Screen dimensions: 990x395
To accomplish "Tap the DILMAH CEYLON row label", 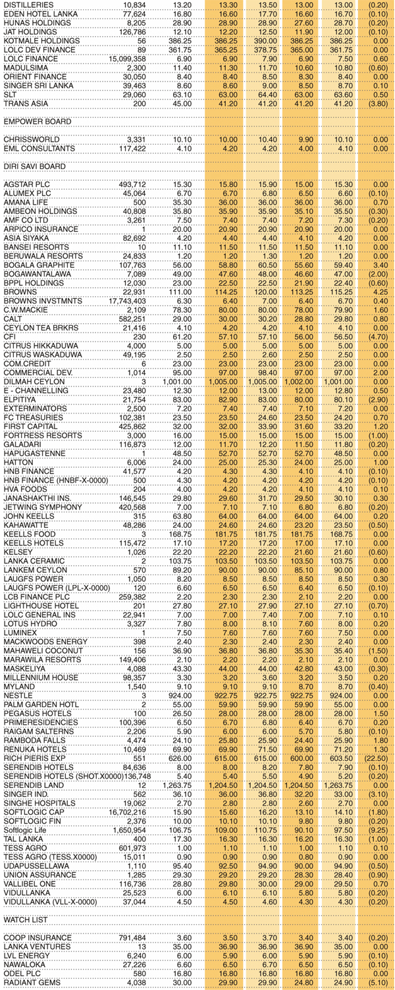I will coord(34,381).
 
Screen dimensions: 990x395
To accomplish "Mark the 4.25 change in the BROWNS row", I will coord(380,292).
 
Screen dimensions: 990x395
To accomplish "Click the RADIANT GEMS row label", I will coord(32,982).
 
